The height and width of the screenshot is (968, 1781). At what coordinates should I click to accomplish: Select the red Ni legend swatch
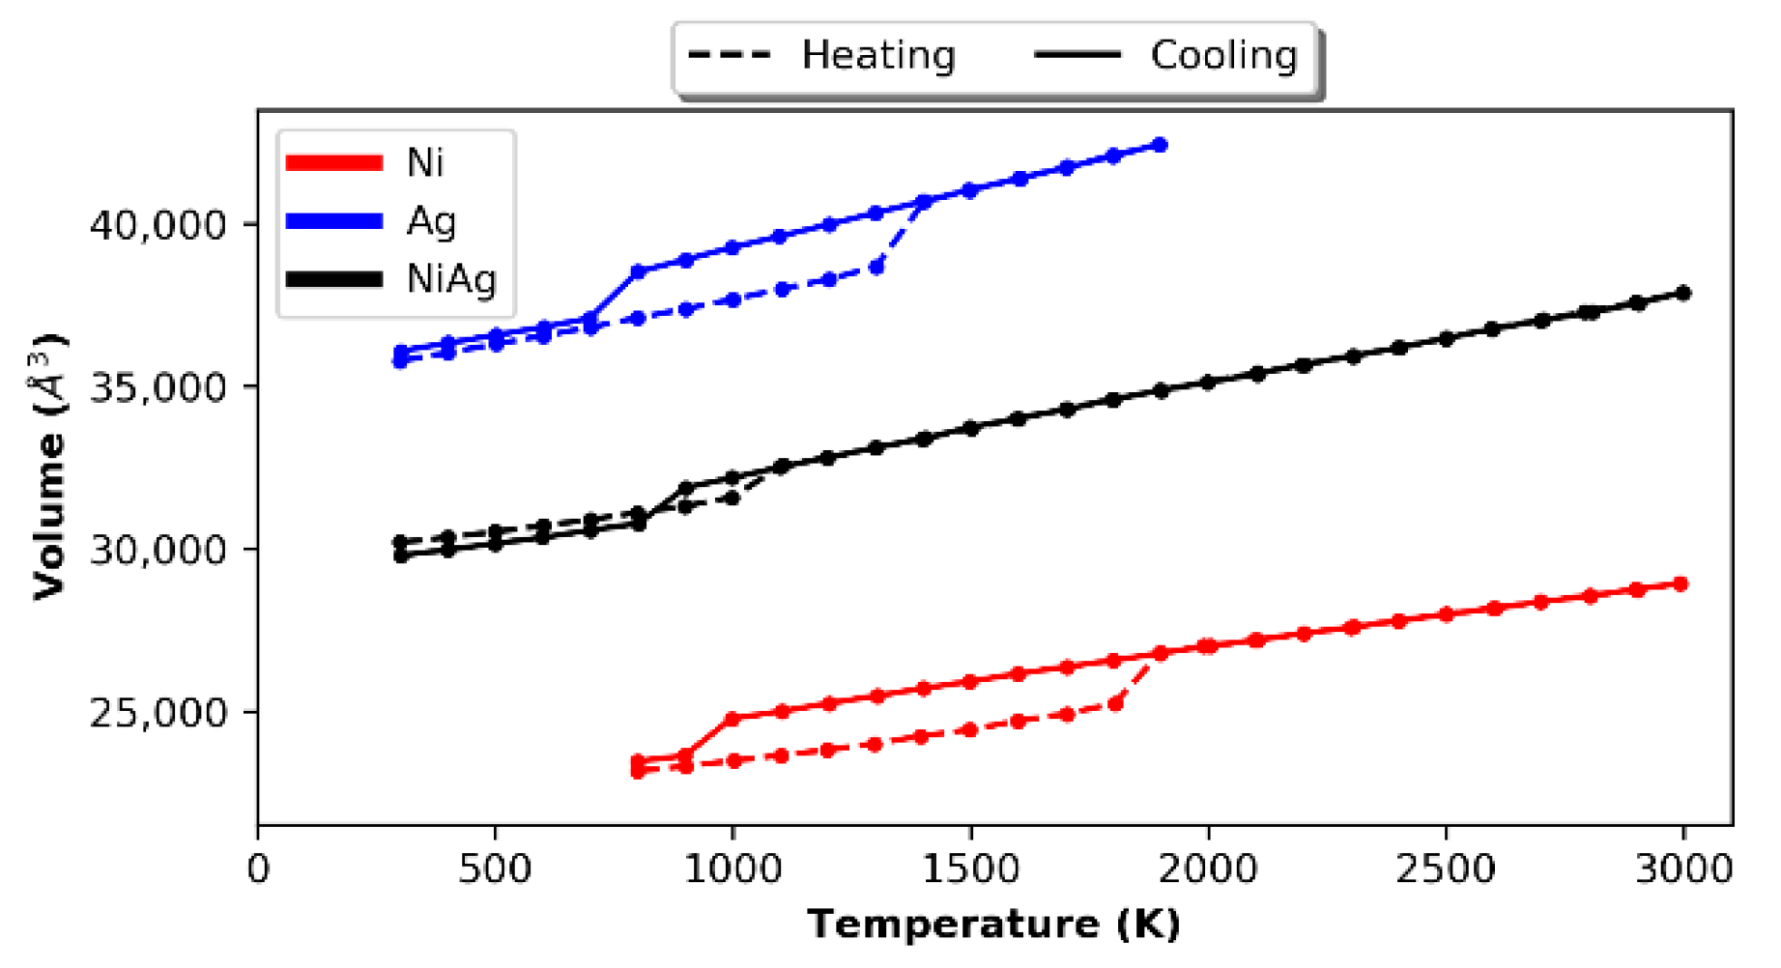coord(334,162)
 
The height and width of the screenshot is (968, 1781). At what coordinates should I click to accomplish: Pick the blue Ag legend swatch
coord(334,221)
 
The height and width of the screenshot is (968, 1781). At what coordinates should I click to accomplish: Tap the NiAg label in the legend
coord(451,279)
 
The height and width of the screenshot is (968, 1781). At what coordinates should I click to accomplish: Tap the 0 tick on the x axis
coord(258,868)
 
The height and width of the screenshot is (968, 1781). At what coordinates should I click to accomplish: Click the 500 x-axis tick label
coord(495,868)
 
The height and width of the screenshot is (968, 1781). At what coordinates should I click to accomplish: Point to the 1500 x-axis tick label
coord(970,868)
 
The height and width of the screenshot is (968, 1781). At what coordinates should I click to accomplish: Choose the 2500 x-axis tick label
coord(1446,868)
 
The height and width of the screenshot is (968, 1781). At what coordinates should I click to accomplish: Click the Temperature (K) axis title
coord(994,925)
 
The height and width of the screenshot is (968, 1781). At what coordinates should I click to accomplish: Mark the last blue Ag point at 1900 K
coord(1161,145)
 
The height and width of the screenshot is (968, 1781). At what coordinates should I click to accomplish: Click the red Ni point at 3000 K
coord(1681,584)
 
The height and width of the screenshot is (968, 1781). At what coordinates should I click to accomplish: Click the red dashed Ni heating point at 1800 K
coord(1115,703)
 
